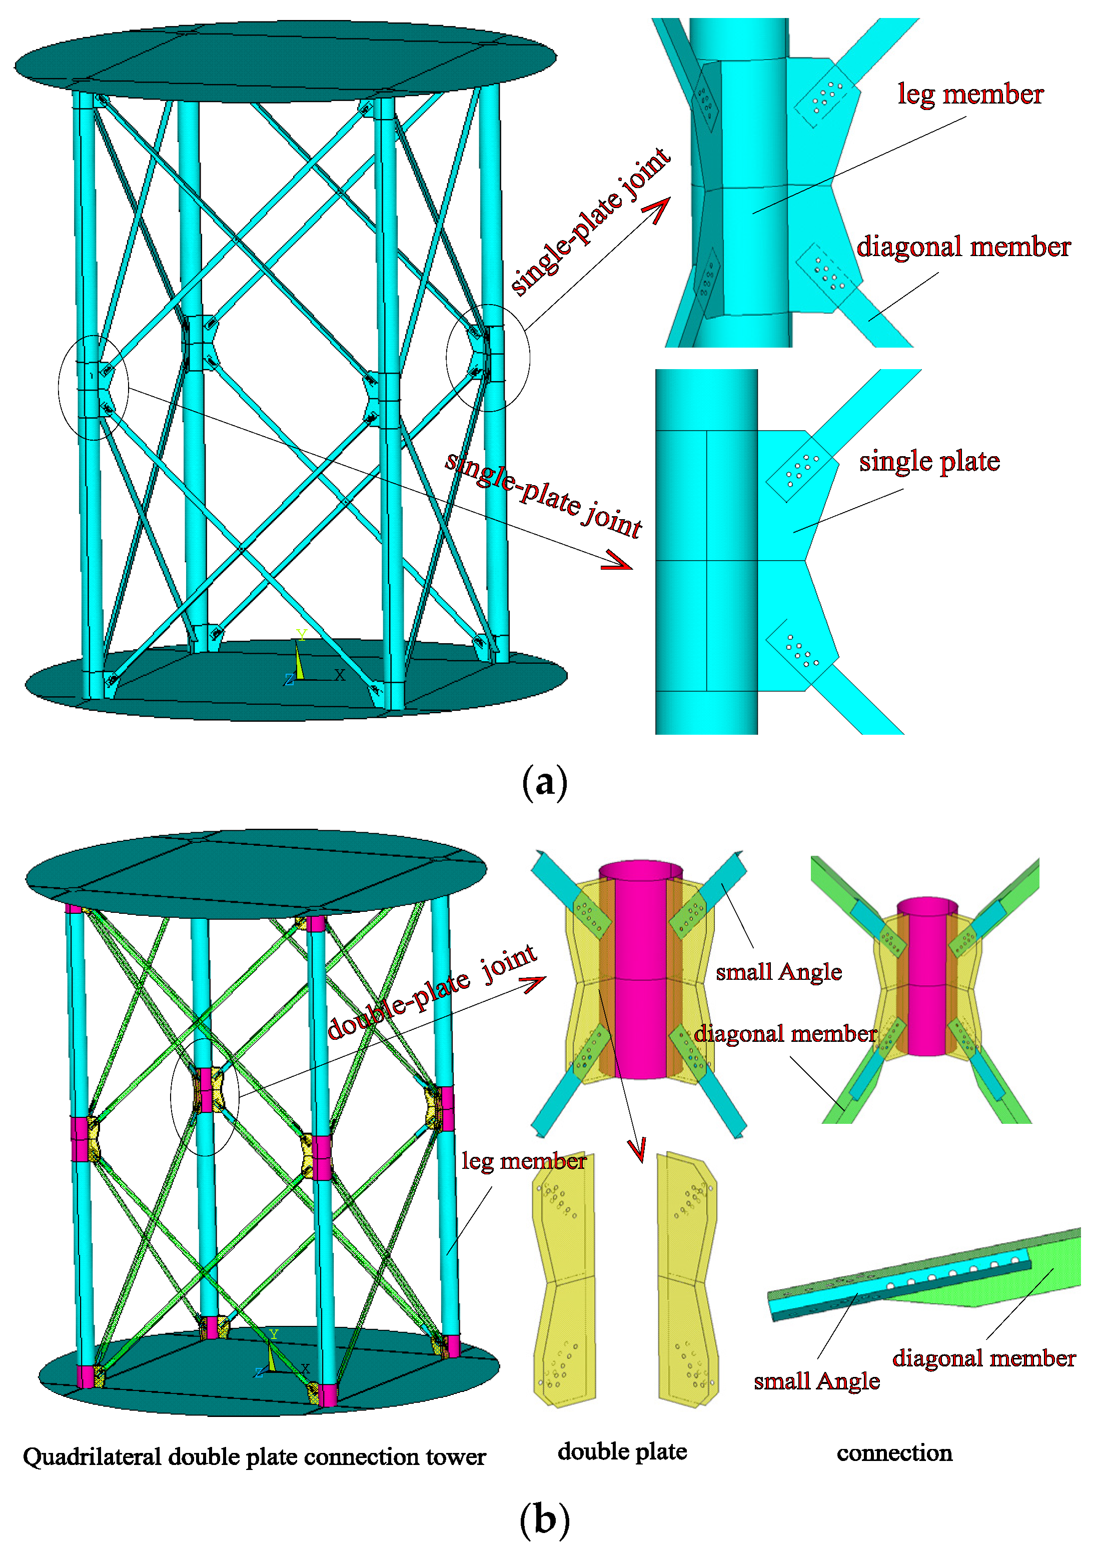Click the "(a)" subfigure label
pos(544,783)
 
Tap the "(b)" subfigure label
pos(544,1519)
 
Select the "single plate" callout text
pos(929,462)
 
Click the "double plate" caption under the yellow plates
pos(622,1451)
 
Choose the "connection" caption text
pos(894,1453)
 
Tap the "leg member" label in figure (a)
pos(970,95)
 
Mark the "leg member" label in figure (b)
pos(524,1161)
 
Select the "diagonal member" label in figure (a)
pos(963,247)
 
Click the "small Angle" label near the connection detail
pos(817,1381)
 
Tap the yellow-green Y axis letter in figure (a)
pos(301,634)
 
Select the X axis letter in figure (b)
pos(305,1368)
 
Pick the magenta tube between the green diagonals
pos(927,976)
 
